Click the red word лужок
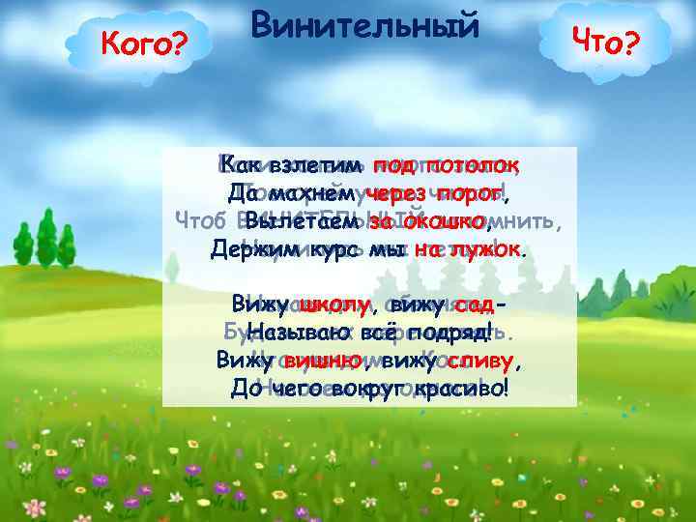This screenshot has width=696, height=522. click(x=481, y=249)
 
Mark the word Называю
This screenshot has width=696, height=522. click(x=288, y=333)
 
